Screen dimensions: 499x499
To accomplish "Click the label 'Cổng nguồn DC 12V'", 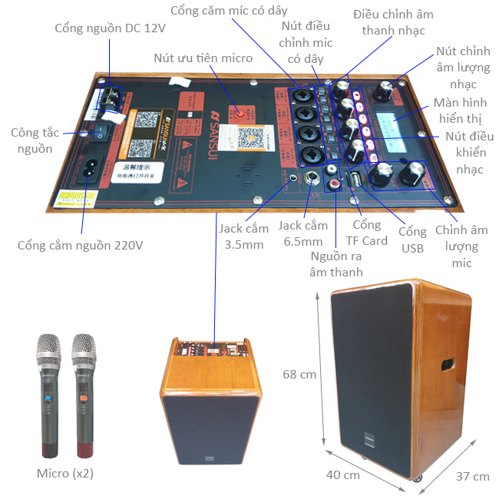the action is [x=111, y=28].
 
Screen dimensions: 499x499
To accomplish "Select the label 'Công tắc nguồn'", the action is [x=31, y=140].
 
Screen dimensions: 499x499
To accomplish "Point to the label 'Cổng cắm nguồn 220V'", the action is [x=81, y=246].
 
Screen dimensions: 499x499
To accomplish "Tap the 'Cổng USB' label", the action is [x=412, y=240].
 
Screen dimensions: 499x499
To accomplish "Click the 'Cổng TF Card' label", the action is [x=366, y=233].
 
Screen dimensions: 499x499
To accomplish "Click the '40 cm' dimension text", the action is [x=342, y=474].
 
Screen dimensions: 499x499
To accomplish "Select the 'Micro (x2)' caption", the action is [x=64, y=473].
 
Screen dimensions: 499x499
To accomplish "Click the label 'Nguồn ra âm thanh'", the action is [x=335, y=263].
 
